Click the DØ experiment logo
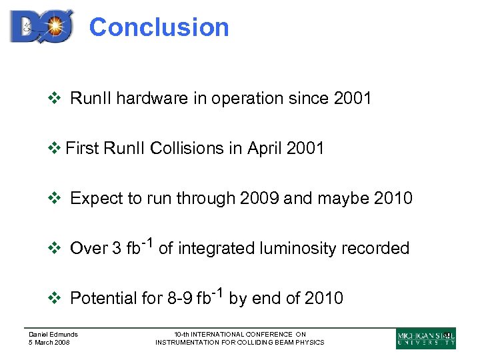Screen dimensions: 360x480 tap(41, 27)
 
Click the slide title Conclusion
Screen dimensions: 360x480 tap(159, 27)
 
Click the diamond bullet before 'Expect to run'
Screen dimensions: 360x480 tap(55, 198)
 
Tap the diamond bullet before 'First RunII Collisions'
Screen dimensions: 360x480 tap(55, 148)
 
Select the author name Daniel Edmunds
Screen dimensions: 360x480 tap(53, 334)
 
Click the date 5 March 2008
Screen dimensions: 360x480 tap(49, 342)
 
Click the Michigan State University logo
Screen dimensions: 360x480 tap(425, 338)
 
